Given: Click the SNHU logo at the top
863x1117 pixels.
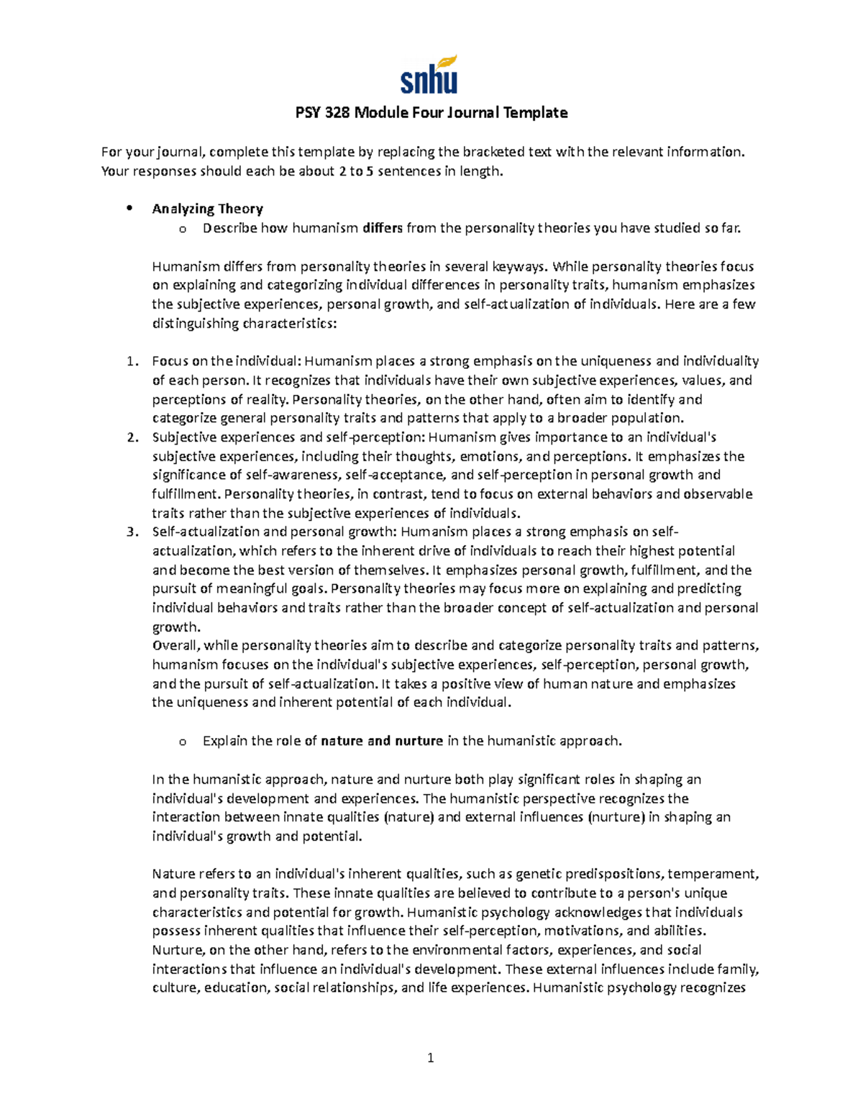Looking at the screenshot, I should pos(429,75).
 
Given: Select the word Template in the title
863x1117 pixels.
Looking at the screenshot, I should pos(535,113).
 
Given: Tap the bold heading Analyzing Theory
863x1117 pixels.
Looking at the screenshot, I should pos(207,209).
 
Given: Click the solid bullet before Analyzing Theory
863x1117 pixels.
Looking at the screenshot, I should pos(129,209).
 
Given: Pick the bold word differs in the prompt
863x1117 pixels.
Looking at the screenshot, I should pos(383,229).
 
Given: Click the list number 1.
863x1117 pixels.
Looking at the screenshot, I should pos(130,362).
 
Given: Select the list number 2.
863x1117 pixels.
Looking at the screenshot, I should pos(130,437).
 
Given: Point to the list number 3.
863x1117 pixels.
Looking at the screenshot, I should pos(130,532).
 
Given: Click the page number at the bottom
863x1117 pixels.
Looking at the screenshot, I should pos(431,1058).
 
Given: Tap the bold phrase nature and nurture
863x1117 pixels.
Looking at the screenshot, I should pos(382,742).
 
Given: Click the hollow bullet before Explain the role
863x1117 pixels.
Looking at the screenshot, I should pos(182,742).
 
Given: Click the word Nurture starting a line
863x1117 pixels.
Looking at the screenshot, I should pos(177,950).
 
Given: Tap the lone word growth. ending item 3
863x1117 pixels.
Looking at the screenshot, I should pos(175,627).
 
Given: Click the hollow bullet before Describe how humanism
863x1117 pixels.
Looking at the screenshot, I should pos(182,229).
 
